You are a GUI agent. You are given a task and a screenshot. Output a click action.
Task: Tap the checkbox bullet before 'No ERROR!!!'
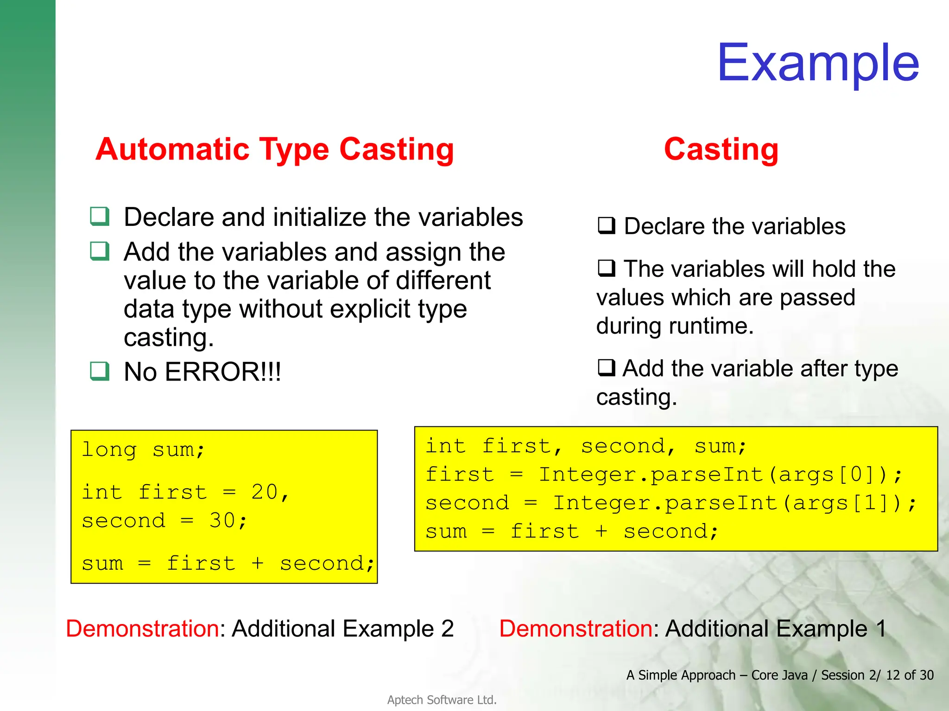(100, 371)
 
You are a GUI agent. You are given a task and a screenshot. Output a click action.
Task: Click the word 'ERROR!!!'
(223, 372)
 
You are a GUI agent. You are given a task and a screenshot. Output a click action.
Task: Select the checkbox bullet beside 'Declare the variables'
(607, 226)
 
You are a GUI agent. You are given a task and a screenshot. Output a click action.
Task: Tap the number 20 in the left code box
(265, 492)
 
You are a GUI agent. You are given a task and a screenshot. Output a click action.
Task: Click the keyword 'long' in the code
(109, 449)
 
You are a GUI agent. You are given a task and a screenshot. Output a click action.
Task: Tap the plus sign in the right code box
(601, 531)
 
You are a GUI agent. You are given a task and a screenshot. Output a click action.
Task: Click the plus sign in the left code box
(257, 563)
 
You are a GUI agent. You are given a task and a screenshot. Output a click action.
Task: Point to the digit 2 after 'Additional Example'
(447, 629)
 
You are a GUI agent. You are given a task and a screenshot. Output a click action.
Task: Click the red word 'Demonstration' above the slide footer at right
(576, 629)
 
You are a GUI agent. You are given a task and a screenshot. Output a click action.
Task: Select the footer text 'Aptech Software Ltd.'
(442, 700)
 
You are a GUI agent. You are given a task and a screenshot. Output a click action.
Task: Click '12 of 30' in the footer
(910, 675)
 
